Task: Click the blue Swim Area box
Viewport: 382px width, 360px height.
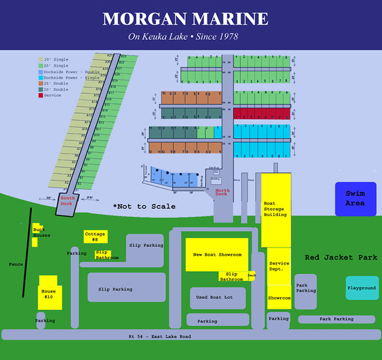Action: coord(356,199)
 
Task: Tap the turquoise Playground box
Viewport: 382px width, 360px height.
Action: coord(362,287)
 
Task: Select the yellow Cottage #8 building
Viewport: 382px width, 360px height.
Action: coord(95,236)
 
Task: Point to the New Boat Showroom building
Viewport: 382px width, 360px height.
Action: coord(217,255)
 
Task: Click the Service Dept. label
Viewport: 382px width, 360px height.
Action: coord(279,266)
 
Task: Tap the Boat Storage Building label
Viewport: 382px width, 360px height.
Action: coord(275,209)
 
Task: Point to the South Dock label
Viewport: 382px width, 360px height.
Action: coord(67,200)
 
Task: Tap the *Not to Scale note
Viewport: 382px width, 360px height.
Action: coord(144,206)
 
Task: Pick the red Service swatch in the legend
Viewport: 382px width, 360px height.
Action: coord(41,95)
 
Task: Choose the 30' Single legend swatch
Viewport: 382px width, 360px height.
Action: coord(41,59)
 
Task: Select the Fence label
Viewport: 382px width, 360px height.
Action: coord(16,265)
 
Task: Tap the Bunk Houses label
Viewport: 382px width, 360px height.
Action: coord(41,232)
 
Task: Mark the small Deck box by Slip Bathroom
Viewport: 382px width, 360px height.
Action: coord(252,275)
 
